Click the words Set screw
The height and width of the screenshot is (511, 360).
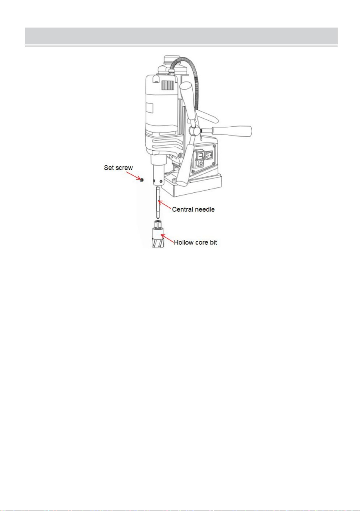click(118, 168)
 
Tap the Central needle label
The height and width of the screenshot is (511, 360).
click(193, 209)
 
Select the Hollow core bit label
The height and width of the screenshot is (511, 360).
click(195, 242)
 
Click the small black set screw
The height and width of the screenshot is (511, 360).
click(142, 180)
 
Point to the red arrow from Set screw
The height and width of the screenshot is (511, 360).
click(133, 176)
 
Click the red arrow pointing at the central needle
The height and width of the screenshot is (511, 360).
click(165, 205)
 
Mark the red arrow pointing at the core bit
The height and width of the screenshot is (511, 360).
click(168, 238)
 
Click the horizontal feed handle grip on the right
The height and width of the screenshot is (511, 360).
click(232, 131)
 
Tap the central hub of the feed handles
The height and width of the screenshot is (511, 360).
click(195, 131)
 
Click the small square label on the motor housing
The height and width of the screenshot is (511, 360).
click(149, 107)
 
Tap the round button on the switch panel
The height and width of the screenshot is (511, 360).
click(200, 163)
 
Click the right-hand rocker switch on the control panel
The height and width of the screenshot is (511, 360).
click(209, 156)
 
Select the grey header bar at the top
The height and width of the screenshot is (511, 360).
click(181, 36)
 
